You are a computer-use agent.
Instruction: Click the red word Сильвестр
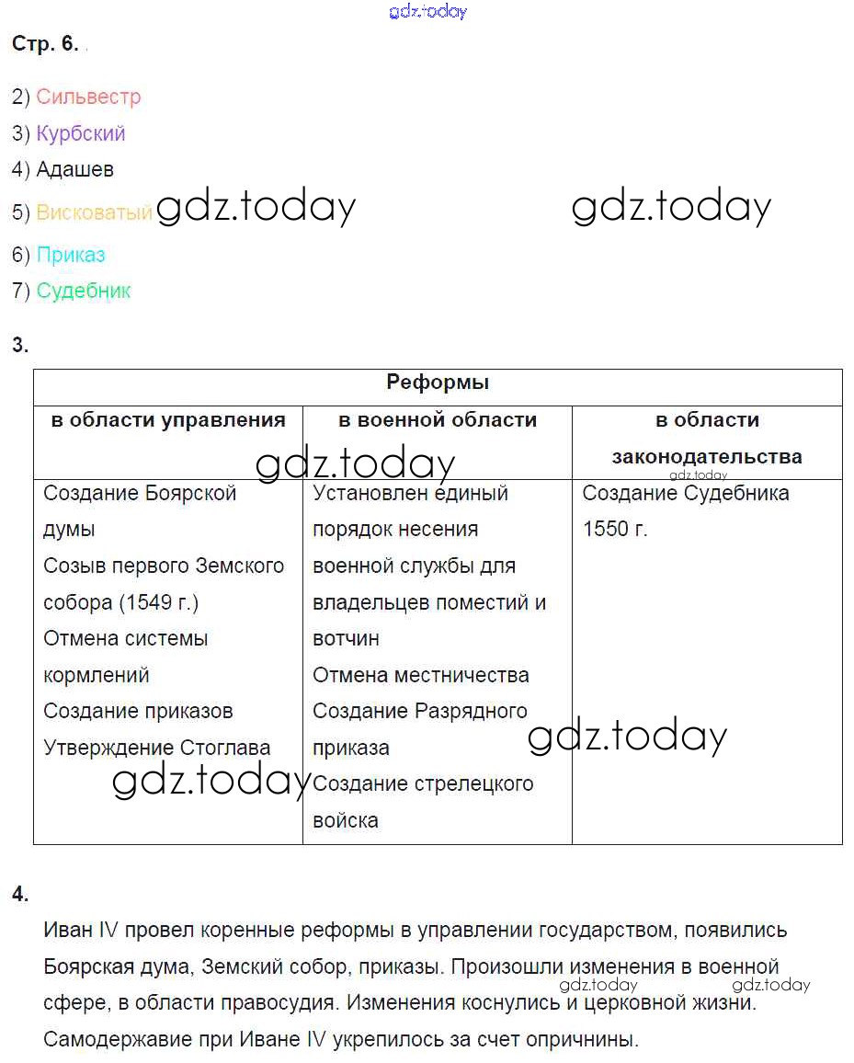point(88,97)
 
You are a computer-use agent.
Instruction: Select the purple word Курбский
point(81,133)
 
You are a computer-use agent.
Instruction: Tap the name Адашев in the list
point(75,169)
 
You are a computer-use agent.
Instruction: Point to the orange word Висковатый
point(94,212)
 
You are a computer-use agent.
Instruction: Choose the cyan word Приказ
point(71,255)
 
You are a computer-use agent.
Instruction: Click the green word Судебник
point(84,291)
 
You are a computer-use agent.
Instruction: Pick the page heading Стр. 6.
point(46,44)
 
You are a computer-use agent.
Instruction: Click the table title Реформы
point(438,383)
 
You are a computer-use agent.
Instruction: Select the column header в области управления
point(168,420)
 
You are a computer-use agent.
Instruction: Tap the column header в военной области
point(438,420)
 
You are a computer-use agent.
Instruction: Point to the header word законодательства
point(707,456)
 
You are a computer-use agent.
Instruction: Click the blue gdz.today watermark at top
point(428,11)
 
